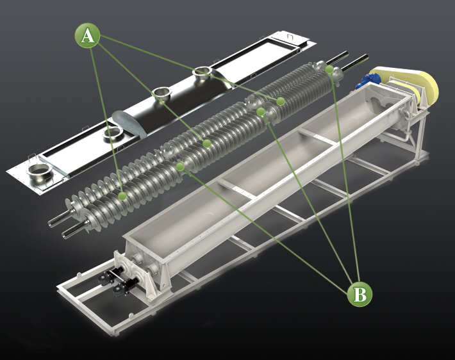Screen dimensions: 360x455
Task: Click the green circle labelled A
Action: click(x=88, y=37)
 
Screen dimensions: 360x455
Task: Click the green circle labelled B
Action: click(x=360, y=294)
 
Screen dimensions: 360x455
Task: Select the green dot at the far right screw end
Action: click(x=329, y=69)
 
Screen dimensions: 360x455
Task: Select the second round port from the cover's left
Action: click(x=113, y=133)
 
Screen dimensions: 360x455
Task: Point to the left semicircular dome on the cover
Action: click(x=126, y=121)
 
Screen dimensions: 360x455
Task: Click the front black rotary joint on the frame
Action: click(x=117, y=288)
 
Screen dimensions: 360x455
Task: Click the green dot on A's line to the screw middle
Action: click(x=207, y=143)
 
